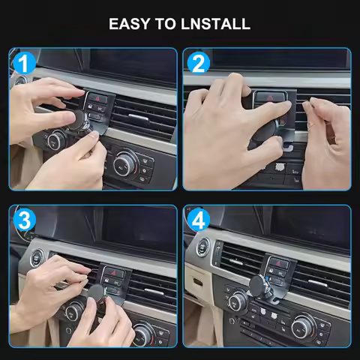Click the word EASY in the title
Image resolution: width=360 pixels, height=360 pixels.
tap(131, 23)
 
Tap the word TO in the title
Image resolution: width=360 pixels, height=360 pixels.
tap(168, 23)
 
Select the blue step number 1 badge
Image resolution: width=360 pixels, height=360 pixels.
tap(25, 63)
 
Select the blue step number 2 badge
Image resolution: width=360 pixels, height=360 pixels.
tap(199, 63)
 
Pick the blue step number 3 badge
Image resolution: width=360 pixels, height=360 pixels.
tap(25, 220)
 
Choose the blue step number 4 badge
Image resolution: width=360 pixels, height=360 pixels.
tap(199, 220)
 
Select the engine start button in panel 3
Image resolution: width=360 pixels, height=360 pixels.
tap(35, 256)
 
